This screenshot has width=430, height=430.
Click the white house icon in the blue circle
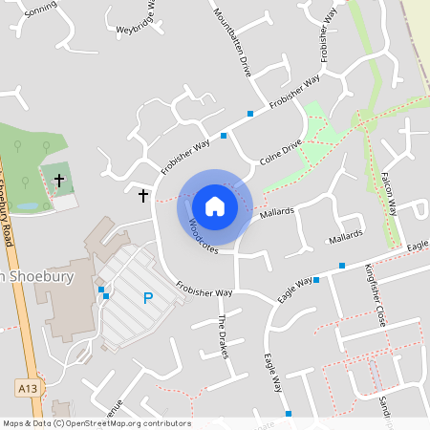click(215, 206)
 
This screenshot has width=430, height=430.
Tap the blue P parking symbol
click(148, 298)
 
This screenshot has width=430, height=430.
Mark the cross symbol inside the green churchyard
click(59, 179)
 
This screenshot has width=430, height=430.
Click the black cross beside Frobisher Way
click(143, 195)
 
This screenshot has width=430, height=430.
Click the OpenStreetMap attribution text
click(96, 423)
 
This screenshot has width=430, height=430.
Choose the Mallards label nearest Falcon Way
click(346, 235)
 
